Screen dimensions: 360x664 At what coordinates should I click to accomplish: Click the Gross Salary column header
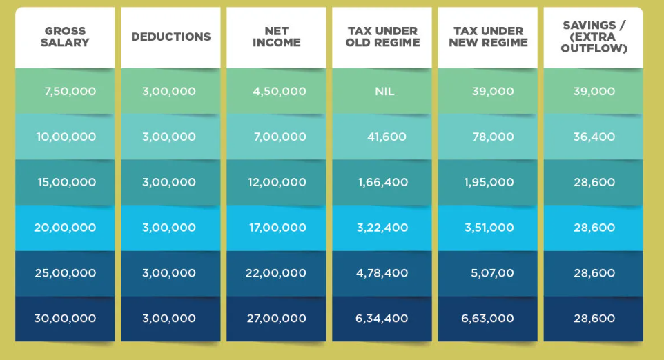click(66, 37)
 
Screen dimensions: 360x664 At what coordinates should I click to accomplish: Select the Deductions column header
click(170, 37)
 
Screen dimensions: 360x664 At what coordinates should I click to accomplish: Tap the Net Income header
click(276, 37)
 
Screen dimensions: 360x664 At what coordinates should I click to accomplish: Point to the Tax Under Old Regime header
click(382, 37)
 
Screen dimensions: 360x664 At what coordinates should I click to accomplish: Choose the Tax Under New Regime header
click(488, 37)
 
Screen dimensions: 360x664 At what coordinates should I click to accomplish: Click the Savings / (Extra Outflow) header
click(594, 37)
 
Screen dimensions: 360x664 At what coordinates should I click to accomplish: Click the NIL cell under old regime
click(384, 91)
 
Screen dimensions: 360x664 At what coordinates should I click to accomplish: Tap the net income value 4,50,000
click(280, 91)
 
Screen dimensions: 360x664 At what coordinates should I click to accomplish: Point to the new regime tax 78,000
click(493, 137)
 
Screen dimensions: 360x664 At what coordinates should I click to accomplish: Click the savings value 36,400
click(594, 137)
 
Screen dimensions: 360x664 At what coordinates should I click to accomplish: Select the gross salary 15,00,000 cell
click(66, 182)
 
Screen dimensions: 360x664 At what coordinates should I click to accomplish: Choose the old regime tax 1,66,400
click(383, 182)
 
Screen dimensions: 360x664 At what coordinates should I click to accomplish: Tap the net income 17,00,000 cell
click(277, 228)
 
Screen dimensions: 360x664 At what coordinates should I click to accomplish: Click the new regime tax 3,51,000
click(488, 228)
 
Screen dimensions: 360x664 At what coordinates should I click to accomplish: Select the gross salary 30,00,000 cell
click(65, 319)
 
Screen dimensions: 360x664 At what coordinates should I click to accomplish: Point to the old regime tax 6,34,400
click(382, 319)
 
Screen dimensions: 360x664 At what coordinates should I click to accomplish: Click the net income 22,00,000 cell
click(276, 273)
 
